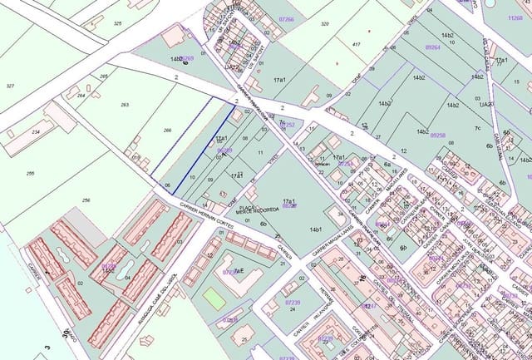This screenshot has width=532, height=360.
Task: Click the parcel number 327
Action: (x=11, y=86)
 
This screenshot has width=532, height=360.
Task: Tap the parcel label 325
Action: (x=116, y=23)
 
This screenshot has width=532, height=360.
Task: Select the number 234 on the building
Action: (x=37, y=131)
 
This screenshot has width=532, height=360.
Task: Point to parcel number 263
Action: (x=125, y=105)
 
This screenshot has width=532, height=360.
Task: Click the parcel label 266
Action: (x=167, y=130)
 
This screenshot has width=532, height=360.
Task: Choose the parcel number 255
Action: (x=30, y=173)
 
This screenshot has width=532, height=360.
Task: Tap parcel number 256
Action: (x=86, y=200)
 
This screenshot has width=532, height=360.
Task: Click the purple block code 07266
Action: (x=286, y=18)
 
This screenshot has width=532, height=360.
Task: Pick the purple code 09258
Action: (x=438, y=135)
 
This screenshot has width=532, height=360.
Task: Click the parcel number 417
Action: (x=356, y=43)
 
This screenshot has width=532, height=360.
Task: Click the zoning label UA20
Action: (x=485, y=104)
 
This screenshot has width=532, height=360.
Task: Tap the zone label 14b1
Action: (x=315, y=229)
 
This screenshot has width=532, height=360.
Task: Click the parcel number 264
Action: (x=81, y=96)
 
